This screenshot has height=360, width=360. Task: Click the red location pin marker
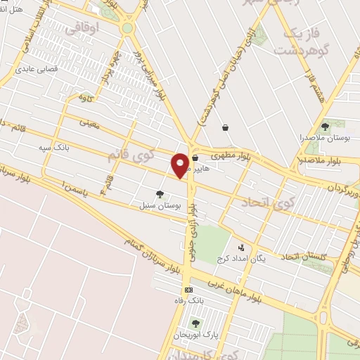[x=181, y=165]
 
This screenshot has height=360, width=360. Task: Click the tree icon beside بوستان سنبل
[x=160, y=194]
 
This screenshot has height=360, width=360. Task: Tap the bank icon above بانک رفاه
[x=188, y=290]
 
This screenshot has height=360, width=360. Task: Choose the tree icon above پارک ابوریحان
[x=195, y=323]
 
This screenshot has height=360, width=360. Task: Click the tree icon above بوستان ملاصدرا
[x=325, y=127]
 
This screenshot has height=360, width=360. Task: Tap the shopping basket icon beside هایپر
[x=195, y=158]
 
